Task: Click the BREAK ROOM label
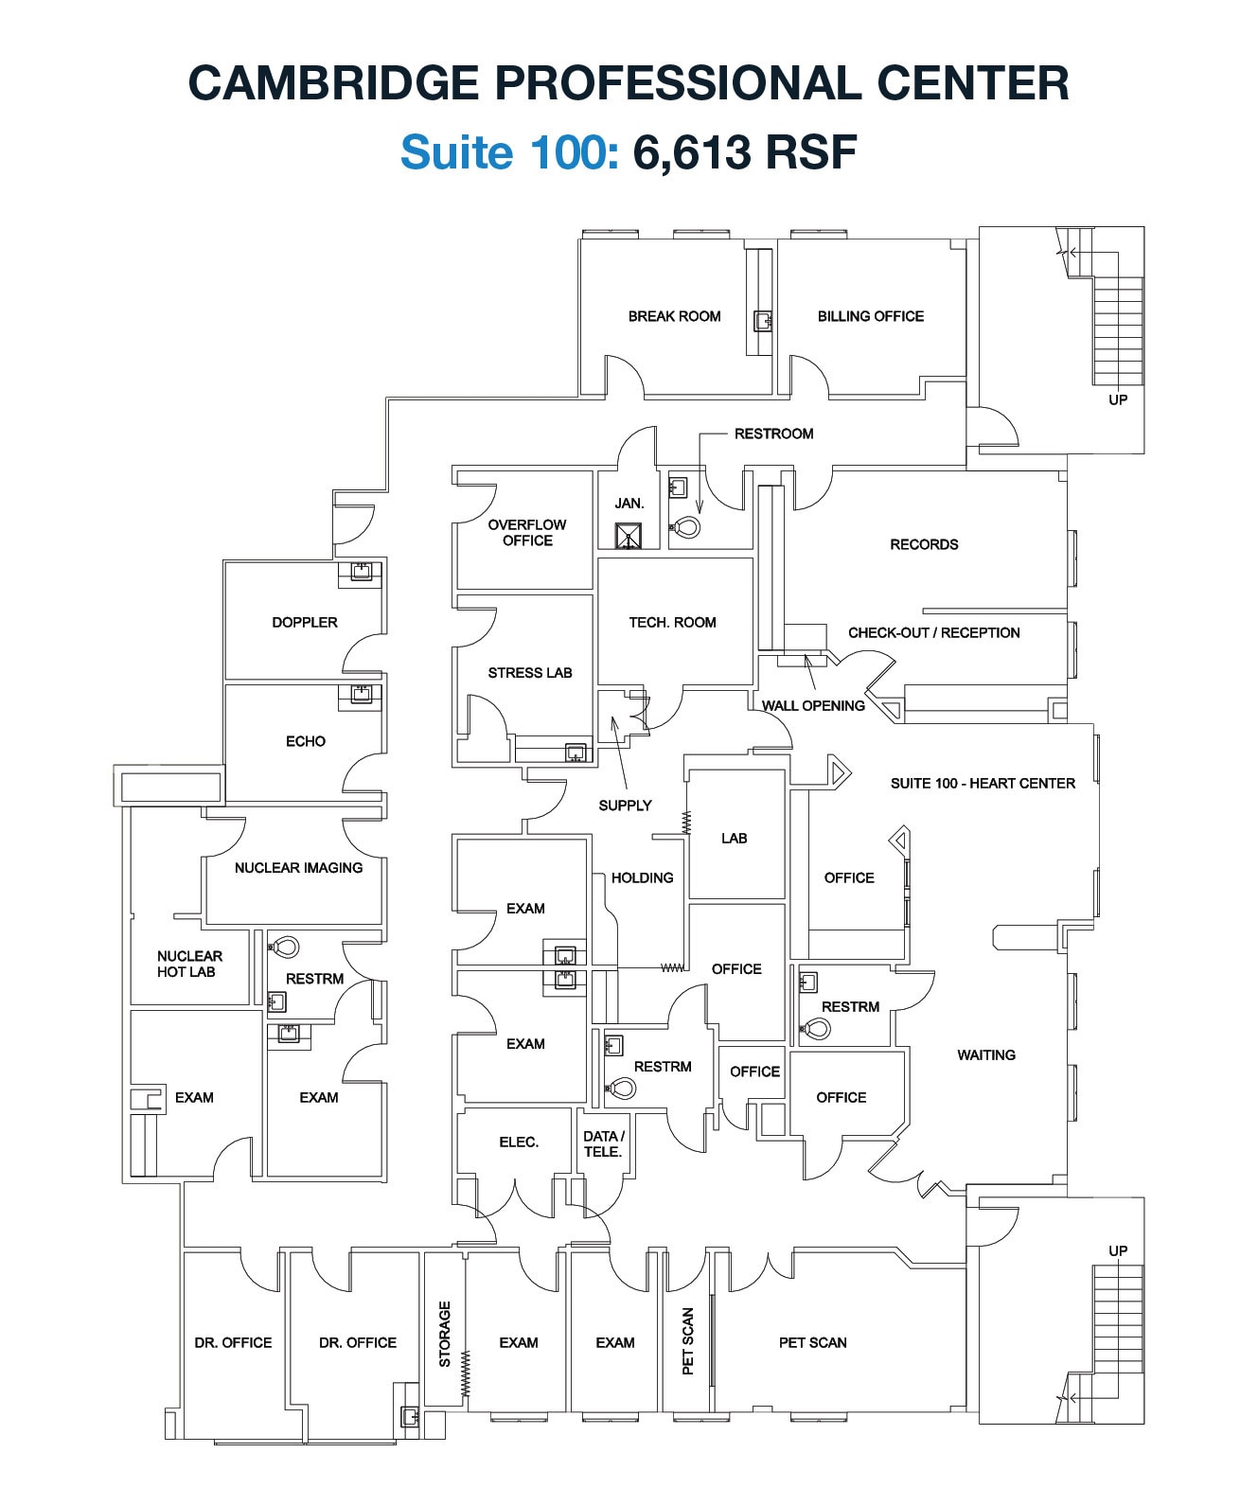(674, 316)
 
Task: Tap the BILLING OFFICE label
(870, 316)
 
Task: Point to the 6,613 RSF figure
(745, 151)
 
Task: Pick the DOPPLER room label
(304, 622)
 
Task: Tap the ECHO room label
(305, 741)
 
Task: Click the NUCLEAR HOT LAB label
(189, 964)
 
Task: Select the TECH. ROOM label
(672, 622)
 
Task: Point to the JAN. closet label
(629, 504)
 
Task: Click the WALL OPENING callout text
(813, 705)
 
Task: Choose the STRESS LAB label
(530, 673)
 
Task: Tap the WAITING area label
(985, 1054)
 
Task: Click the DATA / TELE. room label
(603, 1143)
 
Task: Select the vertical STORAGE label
(445, 1334)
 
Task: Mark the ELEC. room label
(519, 1143)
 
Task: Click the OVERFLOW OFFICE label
(527, 532)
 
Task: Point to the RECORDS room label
(924, 544)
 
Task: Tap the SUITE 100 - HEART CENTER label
(983, 783)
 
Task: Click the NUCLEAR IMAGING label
(298, 867)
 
